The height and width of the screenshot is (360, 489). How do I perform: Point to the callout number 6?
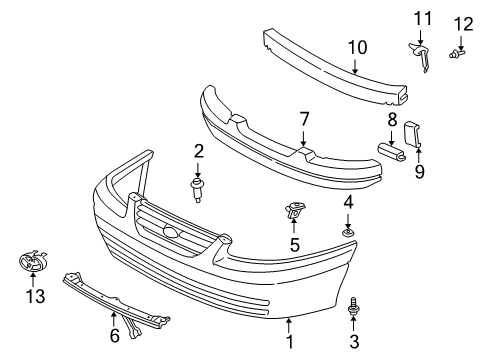click(114, 335)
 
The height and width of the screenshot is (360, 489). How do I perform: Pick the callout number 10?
click(358, 45)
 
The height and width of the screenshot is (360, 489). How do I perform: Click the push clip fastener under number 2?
click(199, 187)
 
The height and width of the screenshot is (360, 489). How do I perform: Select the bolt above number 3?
click(353, 311)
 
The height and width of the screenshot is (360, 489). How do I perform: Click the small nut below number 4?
click(348, 234)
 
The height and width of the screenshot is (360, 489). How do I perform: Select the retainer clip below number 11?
click(421, 55)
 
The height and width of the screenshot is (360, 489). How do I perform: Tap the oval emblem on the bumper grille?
click(174, 235)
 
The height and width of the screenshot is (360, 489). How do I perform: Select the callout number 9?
click(420, 171)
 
